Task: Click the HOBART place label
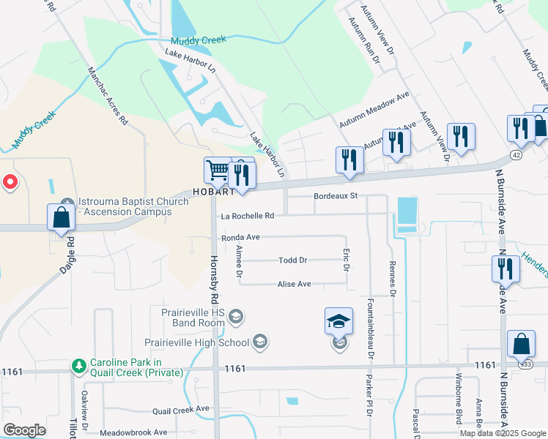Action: (x=213, y=192)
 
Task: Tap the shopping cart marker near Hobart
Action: (x=218, y=170)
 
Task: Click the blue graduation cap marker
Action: (x=339, y=320)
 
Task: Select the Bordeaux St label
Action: (x=335, y=196)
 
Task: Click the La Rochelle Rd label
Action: (x=248, y=216)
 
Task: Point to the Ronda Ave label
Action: (x=241, y=238)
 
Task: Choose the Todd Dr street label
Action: (x=292, y=260)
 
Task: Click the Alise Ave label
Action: (x=295, y=284)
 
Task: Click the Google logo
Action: (x=25, y=429)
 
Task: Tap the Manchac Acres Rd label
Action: (x=107, y=97)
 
